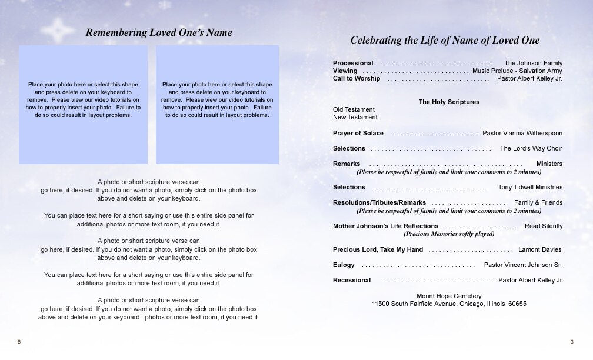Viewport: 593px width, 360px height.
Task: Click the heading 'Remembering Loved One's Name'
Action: tap(159, 33)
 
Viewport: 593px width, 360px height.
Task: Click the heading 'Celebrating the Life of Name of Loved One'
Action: tap(445, 41)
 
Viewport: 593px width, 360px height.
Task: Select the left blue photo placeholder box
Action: tap(83, 104)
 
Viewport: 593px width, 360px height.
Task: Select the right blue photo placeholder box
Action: tap(217, 104)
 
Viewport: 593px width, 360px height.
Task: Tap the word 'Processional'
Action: tap(353, 63)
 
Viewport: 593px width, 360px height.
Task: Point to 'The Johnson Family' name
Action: tap(533, 63)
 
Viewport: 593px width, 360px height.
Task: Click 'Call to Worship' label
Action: tap(357, 78)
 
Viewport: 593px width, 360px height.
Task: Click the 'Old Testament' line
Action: tap(354, 109)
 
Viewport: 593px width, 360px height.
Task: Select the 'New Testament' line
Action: tap(355, 117)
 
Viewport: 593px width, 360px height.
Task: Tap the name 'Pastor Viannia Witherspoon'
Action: tap(522, 133)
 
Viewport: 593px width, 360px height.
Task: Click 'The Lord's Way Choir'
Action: tap(531, 148)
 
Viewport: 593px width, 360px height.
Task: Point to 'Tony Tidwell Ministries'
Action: tap(530, 187)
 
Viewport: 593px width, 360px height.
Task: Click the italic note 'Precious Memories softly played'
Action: tap(449, 234)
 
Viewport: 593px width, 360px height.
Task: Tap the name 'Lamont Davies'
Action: tap(539, 249)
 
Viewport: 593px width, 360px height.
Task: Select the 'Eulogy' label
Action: tap(344, 265)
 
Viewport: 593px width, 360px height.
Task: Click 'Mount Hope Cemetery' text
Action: tap(449, 296)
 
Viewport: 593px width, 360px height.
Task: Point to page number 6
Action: tap(19, 342)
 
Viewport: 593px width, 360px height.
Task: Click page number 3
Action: tap(571, 342)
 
